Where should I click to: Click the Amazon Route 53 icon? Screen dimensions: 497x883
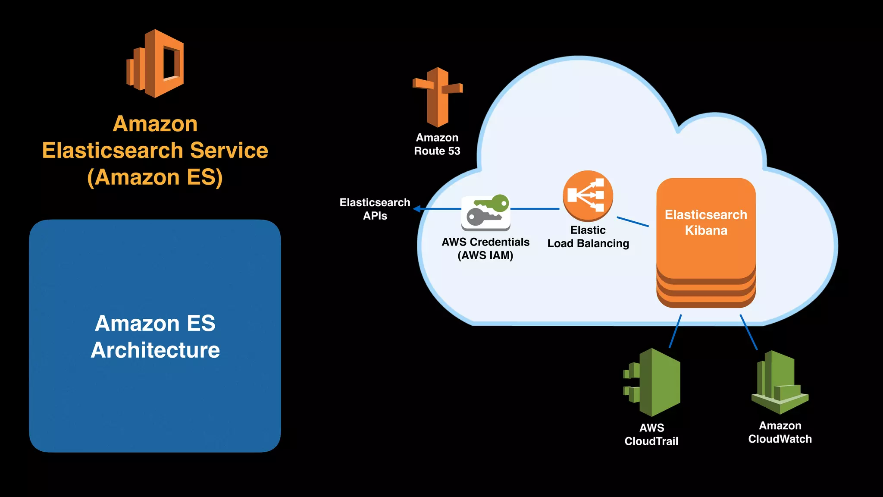pos(438,97)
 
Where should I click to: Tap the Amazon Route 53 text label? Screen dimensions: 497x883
pos(437,145)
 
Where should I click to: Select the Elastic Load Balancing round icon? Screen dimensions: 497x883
pos(588,195)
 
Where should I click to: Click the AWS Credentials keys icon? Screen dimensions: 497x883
pos(486,213)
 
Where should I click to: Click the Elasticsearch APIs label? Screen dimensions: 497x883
pos(375,209)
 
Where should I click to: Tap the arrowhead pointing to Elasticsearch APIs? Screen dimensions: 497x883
pos(416,209)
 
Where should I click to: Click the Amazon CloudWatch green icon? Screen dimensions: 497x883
pos(780,383)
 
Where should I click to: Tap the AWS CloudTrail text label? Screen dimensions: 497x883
pos(651,434)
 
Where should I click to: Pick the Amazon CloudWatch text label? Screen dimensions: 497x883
pos(780,432)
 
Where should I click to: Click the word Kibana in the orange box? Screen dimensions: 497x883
pos(706,230)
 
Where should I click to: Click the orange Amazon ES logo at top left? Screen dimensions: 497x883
pos(156,63)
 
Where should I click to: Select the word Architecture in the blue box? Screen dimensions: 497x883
pos(155,350)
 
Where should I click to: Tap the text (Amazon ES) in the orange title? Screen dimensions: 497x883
pos(155,177)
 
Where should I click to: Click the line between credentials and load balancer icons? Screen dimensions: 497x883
pos(535,209)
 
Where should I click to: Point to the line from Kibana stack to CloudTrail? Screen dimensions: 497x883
pos(675,331)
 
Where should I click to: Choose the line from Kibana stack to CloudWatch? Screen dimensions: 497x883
pos(748,332)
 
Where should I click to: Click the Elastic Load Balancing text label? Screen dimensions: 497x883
pos(588,237)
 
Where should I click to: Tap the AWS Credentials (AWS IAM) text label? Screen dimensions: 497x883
pos(485,248)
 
